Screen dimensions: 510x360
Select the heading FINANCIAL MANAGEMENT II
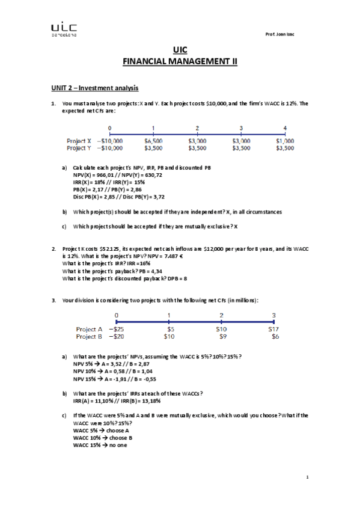pos(180,61)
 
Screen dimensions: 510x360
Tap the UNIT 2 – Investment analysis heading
pos(94,88)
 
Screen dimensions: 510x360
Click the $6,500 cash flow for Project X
pos(153,141)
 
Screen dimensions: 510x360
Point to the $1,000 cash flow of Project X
pos(285,141)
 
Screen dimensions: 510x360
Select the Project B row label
pos(89,337)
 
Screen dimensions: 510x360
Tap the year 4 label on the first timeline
pos(285,128)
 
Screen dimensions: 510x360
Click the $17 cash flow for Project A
pos(273,330)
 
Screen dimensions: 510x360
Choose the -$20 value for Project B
pos(117,337)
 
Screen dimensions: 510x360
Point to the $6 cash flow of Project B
pos(275,337)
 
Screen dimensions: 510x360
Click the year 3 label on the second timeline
pos(274,315)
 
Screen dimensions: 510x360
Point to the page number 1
pos(307,478)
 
